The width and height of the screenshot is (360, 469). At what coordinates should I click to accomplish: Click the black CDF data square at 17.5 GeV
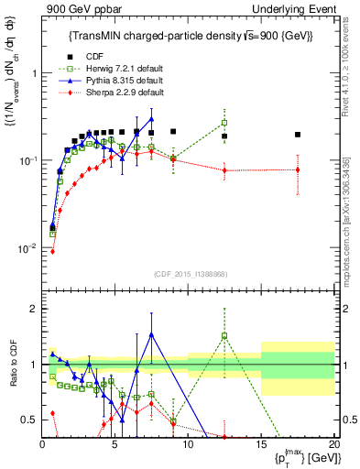298,135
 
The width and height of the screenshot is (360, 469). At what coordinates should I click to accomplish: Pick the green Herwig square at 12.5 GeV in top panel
224,123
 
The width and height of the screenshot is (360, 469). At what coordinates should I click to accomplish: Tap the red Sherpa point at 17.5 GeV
298,169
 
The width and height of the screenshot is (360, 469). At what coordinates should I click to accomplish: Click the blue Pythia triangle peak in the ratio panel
151,334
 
